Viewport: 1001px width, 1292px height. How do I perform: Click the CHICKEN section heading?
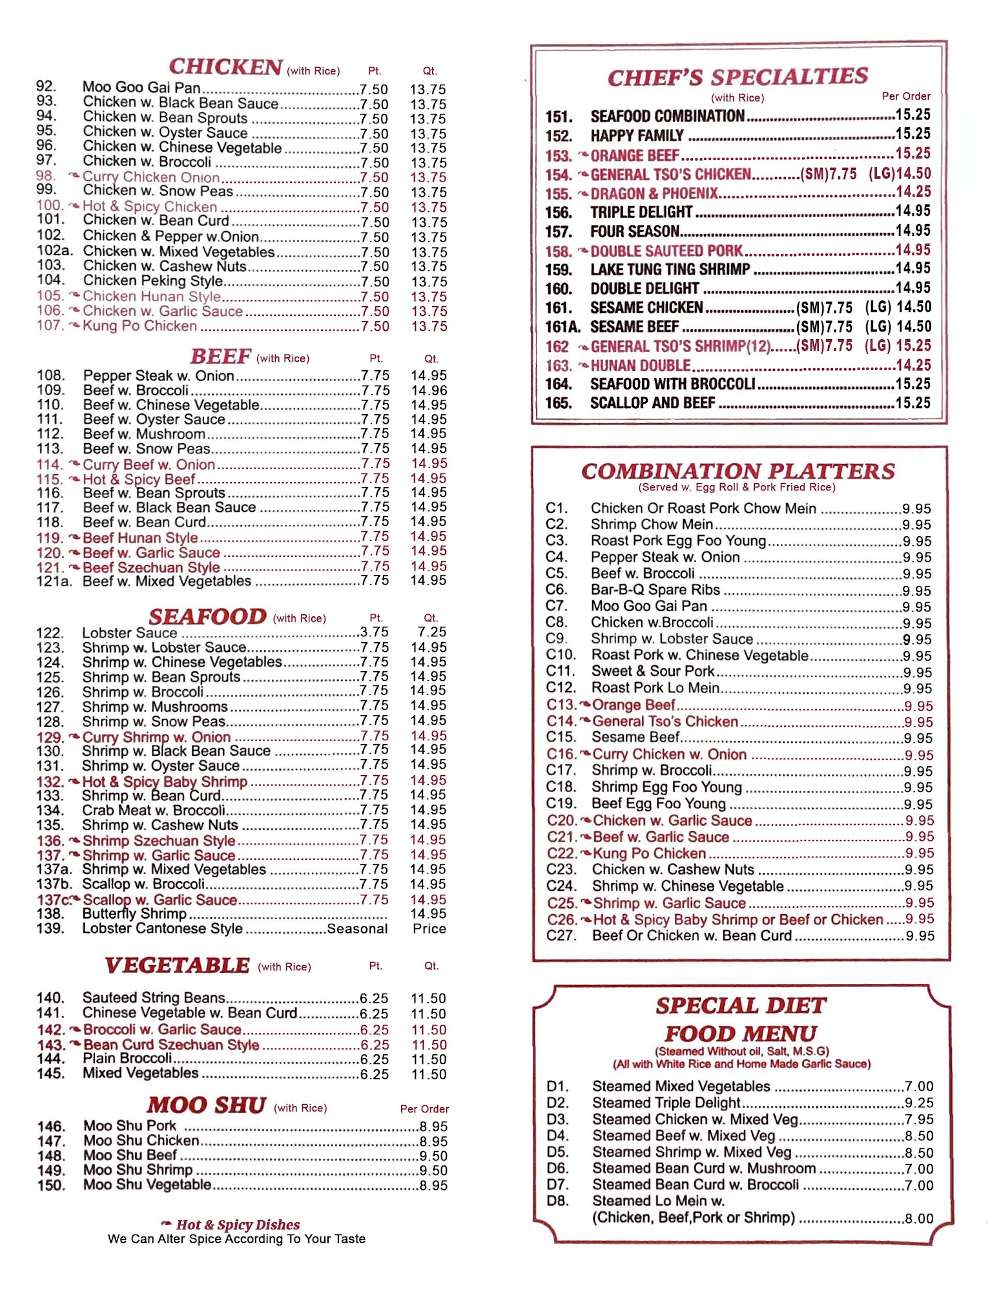pos(225,67)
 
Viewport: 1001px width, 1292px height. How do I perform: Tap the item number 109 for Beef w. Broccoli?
pos(50,390)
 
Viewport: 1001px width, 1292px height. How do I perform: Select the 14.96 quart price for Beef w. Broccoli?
pos(429,390)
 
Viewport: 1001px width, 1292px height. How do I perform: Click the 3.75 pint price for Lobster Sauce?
pos(375,632)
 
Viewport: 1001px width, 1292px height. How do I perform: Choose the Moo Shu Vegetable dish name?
pos(147,1185)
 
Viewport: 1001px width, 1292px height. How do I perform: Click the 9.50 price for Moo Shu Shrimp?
pos(433,1171)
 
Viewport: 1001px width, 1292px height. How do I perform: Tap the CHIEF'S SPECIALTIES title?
pos(738,77)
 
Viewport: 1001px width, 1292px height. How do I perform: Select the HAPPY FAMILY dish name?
pos(637,136)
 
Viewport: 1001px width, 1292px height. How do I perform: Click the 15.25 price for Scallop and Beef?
pos(913,403)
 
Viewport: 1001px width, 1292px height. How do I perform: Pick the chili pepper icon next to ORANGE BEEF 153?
pos(583,155)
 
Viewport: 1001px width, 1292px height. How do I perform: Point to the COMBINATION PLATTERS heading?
pos(738,471)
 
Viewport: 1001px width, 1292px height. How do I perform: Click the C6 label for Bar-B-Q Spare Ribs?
pos(556,590)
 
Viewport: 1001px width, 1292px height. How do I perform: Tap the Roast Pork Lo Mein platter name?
pos(655,688)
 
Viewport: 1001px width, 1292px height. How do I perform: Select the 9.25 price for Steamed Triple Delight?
pos(919,1103)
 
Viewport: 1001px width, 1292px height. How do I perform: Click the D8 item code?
pos(557,1201)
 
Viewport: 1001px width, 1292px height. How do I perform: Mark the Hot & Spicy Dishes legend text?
pos(238,1225)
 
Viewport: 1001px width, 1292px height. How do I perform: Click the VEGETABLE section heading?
pos(177,965)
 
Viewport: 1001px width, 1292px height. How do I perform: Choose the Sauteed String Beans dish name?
pos(154,998)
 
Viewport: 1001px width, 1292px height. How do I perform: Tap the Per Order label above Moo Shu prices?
pos(424,1109)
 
